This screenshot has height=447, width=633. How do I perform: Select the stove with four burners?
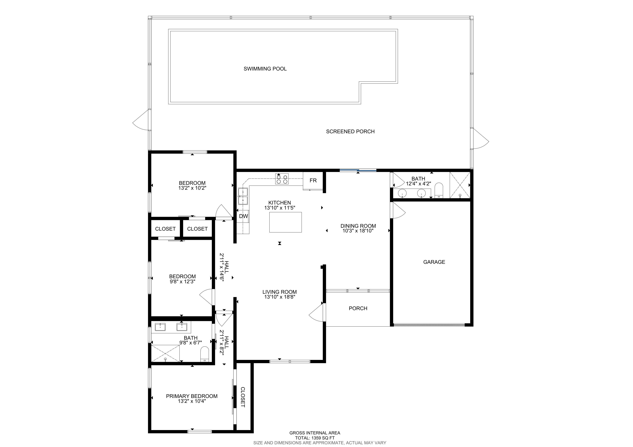[x=282, y=179]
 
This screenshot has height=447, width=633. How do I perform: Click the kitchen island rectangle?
[x=285, y=222]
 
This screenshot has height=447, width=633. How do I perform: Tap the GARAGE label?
[x=434, y=262]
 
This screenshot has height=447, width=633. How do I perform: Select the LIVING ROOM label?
[x=280, y=292]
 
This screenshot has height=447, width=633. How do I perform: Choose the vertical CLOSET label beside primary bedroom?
[x=243, y=397]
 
